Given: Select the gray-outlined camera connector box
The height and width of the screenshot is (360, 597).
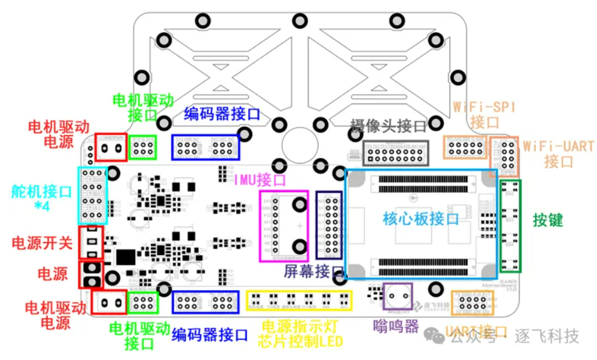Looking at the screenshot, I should pos(396,153).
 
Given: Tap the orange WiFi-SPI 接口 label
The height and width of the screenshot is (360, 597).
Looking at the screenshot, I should pos(484,114).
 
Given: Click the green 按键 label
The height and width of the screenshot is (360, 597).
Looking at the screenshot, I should pos(547,220).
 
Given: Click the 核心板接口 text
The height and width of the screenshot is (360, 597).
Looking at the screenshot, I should pos(420,219).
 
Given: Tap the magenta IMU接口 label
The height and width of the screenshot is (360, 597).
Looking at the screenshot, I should pos(260,180).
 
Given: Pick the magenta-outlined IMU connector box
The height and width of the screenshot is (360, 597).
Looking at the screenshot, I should pos(284,225).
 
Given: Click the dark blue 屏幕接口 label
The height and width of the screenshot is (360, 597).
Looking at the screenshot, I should pos(314,271).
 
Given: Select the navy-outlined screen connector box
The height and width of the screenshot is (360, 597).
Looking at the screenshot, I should pos(329,224).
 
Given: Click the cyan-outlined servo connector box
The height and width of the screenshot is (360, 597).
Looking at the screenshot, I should pos(93,196).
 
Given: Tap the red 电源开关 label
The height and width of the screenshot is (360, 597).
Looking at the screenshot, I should pos(41,243).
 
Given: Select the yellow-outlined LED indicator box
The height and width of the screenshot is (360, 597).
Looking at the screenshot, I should pos(300,301).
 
